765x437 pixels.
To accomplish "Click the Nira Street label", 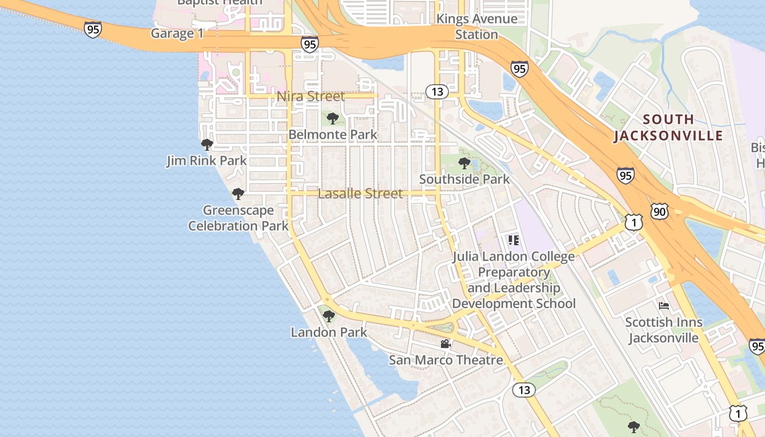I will pos(311,97).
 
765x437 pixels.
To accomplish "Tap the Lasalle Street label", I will pos(360,193).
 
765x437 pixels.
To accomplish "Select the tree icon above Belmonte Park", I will pos(333,119).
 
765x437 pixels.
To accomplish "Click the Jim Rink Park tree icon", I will pos(207,145).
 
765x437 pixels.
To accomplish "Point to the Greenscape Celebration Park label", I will pos(238,218).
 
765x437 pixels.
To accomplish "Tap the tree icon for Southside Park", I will pos(464,163).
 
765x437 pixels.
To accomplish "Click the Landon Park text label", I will pos(329,332).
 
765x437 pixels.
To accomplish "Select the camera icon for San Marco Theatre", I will pos(445,344).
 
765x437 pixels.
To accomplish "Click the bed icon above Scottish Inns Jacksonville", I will pos(664,305).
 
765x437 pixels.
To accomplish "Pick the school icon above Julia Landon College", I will pos(513,240).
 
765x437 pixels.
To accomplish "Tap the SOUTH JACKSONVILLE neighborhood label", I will pos(668,127).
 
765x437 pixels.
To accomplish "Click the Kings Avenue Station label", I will pos(477,27).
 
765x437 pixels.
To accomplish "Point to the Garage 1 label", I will pos(177,34).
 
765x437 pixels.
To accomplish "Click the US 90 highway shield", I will pos(659,211).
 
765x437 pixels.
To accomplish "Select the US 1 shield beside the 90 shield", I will pos(633,222).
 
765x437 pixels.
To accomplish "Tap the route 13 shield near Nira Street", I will pos(437,91).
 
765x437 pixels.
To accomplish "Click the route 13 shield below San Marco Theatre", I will pos(524,390).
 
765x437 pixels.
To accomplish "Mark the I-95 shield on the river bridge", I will pos(93,29).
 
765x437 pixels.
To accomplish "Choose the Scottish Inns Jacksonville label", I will pos(663,330).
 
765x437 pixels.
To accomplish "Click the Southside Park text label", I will pos(464,179).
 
